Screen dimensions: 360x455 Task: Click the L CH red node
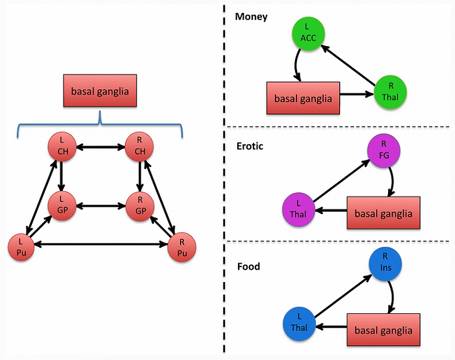click(x=62, y=149)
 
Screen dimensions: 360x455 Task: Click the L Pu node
click(x=21, y=247)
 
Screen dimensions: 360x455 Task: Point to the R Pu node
click(x=181, y=247)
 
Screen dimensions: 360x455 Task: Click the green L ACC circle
click(x=307, y=34)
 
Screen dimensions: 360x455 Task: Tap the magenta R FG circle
click(x=383, y=151)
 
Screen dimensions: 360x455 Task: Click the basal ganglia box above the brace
click(x=99, y=91)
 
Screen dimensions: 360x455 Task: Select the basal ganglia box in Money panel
click(x=303, y=99)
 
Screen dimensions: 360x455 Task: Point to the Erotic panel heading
click(x=249, y=146)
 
